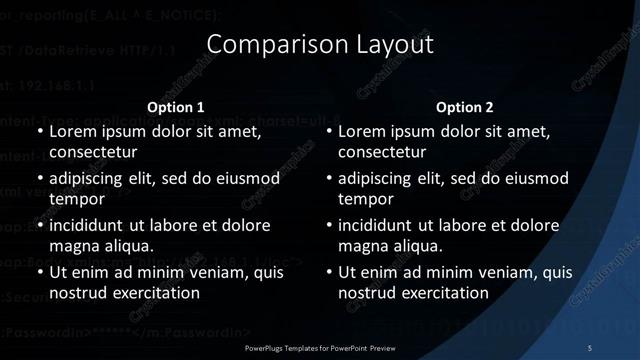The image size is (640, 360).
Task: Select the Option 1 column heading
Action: click(x=176, y=107)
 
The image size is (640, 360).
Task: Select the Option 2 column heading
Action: click(x=465, y=107)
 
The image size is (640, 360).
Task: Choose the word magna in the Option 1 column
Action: click(x=77, y=245)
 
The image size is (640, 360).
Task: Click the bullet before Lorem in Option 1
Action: click(x=40, y=132)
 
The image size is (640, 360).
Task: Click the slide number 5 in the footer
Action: click(x=590, y=347)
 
